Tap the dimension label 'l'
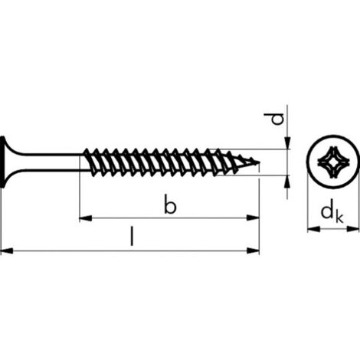coord(132,237)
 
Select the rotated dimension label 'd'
coord(277,119)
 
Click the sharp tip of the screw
coord(260,162)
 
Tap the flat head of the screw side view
coord(2,162)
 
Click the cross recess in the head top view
coord(332,162)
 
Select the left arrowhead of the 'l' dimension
coord(7,250)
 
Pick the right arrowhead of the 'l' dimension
coord(253,250)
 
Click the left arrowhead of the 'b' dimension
coord(86,218)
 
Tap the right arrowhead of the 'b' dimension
coord(253,218)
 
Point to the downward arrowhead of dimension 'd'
coord(287,143)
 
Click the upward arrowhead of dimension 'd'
coord(287,182)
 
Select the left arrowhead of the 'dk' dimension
coord(313,229)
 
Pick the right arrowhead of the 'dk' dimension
coord(352,229)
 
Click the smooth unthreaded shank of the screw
coord(52,162)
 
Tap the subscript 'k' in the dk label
coord(340,218)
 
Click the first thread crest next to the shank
coord(88,151)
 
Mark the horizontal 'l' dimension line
coord(130,250)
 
